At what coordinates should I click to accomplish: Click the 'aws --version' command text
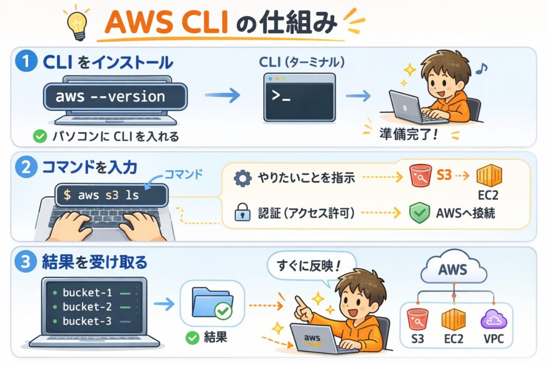click(x=110, y=97)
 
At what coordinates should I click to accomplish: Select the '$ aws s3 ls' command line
click(x=102, y=196)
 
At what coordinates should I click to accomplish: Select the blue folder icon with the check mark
click(x=211, y=303)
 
